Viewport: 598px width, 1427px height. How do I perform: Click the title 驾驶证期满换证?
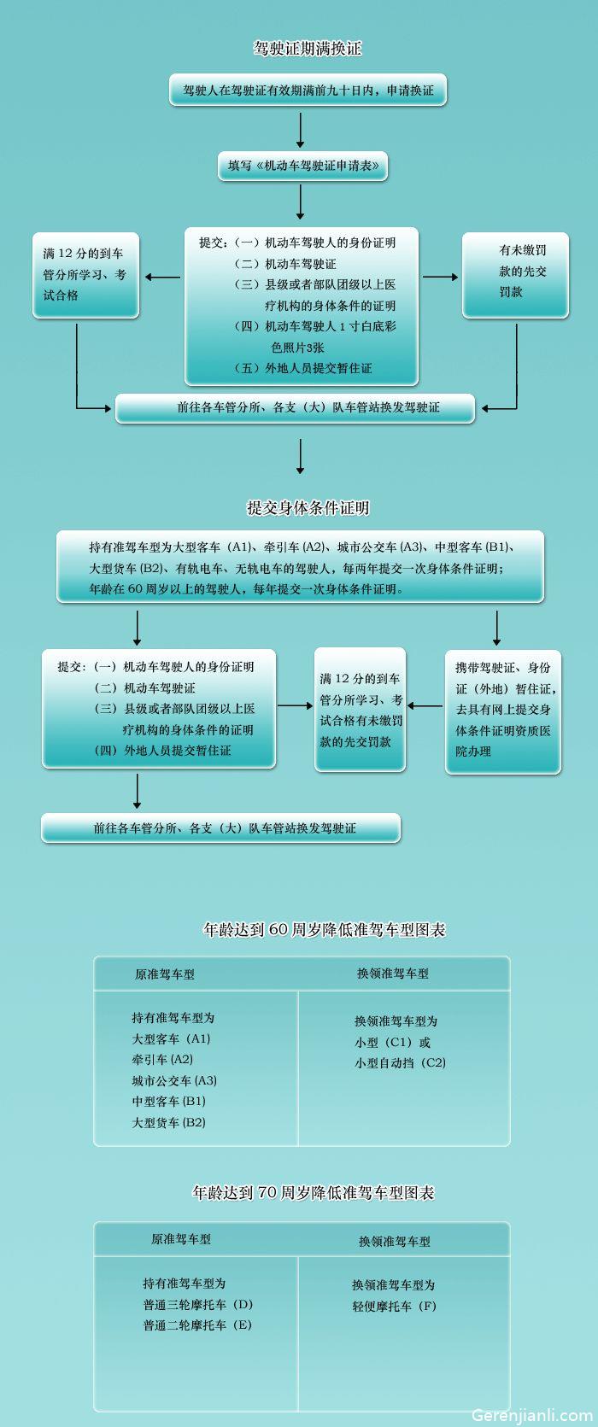click(x=308, y=49)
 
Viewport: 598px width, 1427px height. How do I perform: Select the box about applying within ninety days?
click(x=308, y=90)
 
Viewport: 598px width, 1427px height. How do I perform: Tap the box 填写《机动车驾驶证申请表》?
click(x=302, y=166)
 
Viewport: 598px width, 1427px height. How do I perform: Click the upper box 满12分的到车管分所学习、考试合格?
click(x=85, y=275)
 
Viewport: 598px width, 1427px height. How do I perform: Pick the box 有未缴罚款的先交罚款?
click(x=515, y=275)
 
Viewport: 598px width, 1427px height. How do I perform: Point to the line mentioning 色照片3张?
click(x=298, y=348)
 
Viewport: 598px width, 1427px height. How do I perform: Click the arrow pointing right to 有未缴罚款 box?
click(x=441, y=278)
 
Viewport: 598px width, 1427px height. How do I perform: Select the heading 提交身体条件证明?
click(x=308, y=508)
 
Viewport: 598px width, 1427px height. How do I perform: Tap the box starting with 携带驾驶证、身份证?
click(x=503, y=712)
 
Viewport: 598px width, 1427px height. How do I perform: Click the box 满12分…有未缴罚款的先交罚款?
click(x=361, y=710)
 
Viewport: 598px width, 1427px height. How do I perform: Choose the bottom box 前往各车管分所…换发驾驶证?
click(x=220, y=828)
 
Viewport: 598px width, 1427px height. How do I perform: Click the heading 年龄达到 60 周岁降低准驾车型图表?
click(x=324, y=929)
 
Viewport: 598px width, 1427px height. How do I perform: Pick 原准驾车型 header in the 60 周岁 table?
click(x=165, y=974)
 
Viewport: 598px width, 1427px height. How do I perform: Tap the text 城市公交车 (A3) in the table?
click(x=174, y=1080)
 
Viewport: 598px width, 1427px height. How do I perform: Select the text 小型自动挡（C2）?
click(x=401, y=1062)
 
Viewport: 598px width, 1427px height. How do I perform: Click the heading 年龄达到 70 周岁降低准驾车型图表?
click(x=313, y=1192)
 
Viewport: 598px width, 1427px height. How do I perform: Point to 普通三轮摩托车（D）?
click(x=197, y=1304)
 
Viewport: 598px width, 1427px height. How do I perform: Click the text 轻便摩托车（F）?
click(x=394, y=1306)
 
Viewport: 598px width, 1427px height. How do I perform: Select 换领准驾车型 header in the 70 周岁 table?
click(x=394, y=1241)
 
